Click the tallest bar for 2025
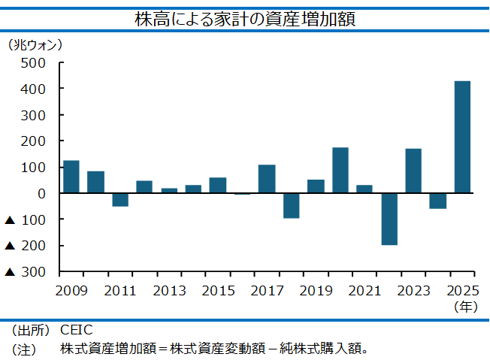click(462, 137)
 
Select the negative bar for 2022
click(389, 219)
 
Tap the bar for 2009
click(71, 177)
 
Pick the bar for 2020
click(340, 170)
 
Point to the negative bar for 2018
click(292, 206)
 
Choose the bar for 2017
click(267, 179)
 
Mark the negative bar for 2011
click(120, 200)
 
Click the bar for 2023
click(413, 171)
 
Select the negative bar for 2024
click(438, 201)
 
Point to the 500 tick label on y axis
click(33, 63)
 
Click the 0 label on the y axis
click(41, 194)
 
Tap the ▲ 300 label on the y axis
click(26, 272)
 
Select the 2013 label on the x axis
click(169, 291)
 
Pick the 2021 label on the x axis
click(364, 291)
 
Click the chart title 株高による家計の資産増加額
click(245, 19)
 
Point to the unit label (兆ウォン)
click(35, 45)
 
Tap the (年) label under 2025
click(466, 307)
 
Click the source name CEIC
click(76, 330)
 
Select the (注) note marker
click(24, 349)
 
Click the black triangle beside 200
click(10, 246)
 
